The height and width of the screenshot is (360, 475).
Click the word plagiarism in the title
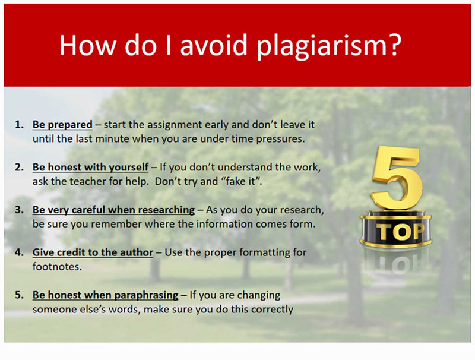coord(329,46)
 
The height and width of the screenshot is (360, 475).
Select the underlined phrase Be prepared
coord(62,125)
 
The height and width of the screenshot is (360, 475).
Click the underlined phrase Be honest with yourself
coord(90,168)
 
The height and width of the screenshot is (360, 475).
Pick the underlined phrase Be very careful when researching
coord(113,210)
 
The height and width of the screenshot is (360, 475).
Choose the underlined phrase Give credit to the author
coord(93,252)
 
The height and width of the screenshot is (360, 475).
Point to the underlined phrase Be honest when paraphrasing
coord(106,295)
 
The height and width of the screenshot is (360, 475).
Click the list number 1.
coord(19,125)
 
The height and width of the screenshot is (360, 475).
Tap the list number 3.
coord(19,210)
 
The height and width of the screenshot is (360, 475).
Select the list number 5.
coord(19,295)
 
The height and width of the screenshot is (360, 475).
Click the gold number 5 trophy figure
coord(397,177)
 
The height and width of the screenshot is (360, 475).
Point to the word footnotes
coord(56,267)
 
